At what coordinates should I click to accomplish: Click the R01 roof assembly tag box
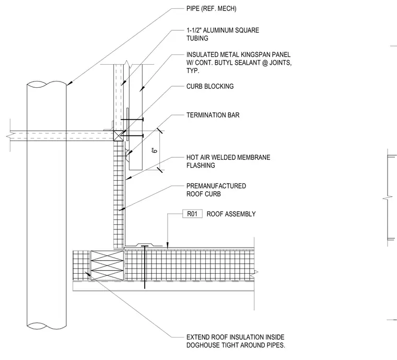click(x=192, y=214)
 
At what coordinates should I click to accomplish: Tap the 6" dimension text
click(x=155, y=150)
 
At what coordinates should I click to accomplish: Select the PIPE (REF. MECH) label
click(x=212, y=8)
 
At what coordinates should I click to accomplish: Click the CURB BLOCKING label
click(x=210, y=86)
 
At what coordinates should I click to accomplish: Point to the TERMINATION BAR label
click(x=213, y=115)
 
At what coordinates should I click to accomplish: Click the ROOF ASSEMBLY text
click(x=231, y=214)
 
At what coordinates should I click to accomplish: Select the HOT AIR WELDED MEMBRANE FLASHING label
click(x=228, y=161)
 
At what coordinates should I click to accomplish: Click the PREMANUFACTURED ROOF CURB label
click(x=216, y=190)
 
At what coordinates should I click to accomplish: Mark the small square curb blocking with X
click(x=118, y=136)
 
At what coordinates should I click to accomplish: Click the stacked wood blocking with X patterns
click(x=107, y=265)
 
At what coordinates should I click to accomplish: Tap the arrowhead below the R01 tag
click(x=167, y=245)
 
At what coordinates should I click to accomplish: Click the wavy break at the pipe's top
click(x=47, y=84)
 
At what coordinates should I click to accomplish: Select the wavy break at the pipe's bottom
click(x=47, y=326)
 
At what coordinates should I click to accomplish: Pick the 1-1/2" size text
click(x=194, y=30)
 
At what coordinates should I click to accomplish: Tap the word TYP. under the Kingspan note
click(x=193, y=71)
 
